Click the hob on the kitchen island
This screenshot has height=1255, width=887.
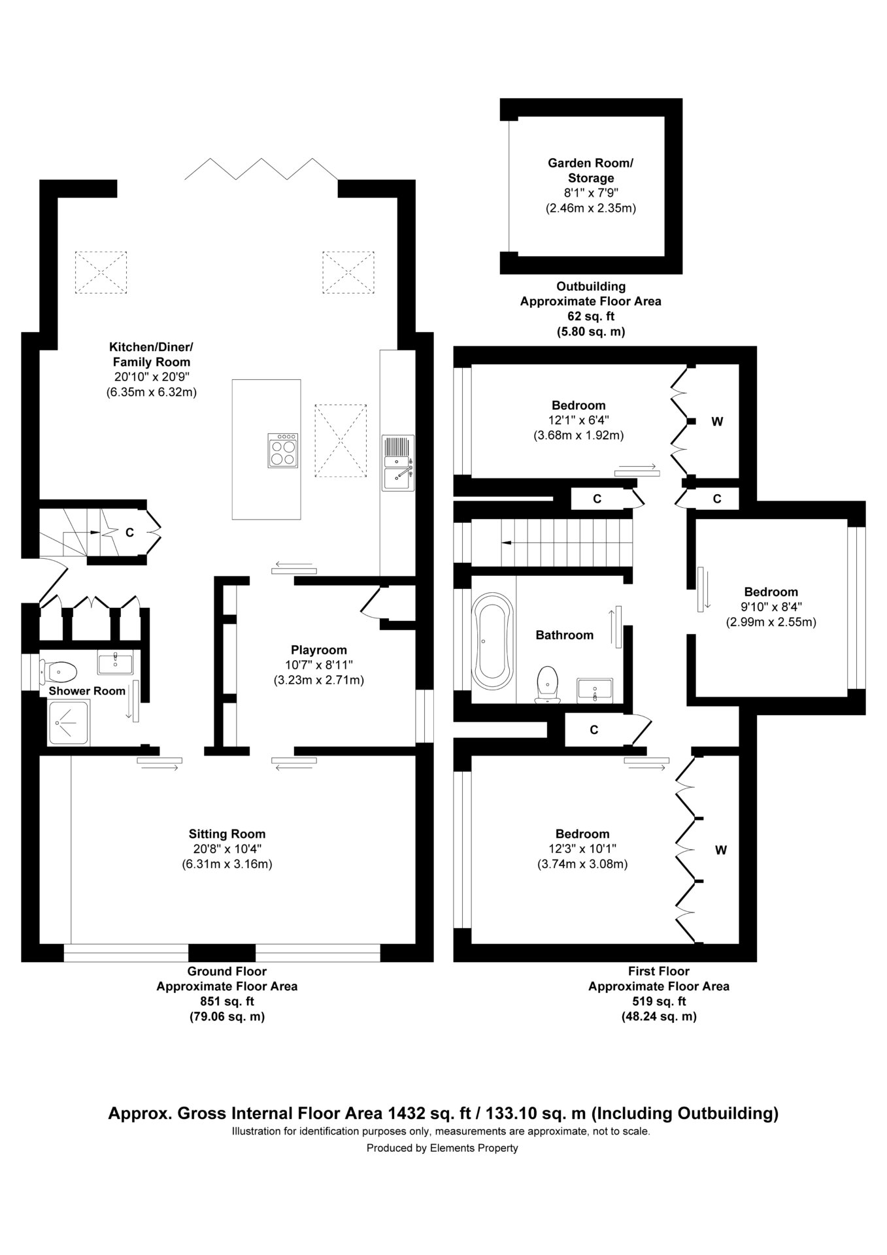284,450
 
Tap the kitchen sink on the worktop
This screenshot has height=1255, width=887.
398,462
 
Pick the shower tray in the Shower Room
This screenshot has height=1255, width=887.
71,722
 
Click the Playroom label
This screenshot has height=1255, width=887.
319,650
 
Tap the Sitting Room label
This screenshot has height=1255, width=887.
227,833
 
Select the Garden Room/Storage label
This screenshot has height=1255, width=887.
591,170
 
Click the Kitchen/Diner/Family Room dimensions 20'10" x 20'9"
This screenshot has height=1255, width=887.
152,377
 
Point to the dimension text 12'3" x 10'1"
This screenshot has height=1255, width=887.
582,848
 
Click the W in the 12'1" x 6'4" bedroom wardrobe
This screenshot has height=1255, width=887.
717,422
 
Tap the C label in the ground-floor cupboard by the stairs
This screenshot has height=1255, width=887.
129,533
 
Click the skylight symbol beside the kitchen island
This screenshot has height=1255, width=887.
341,441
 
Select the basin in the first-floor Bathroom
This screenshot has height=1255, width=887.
595,690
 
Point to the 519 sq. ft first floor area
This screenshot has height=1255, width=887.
659,1001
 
